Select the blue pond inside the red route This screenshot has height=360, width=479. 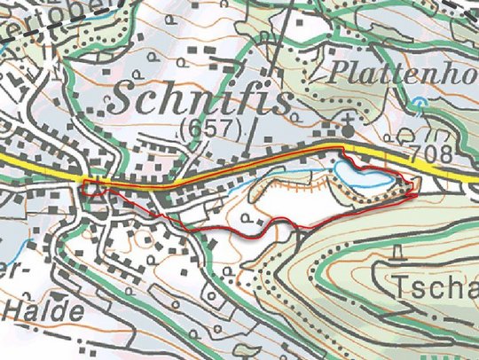(360, 175)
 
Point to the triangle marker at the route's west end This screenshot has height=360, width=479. (91, 188)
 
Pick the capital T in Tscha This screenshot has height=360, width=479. (397, 287)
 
